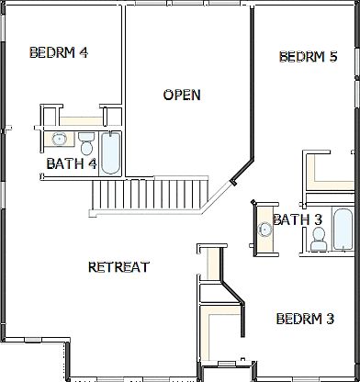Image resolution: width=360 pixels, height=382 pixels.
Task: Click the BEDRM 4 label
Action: tap(59, 52)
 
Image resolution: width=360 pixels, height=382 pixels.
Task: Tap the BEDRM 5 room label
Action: tap(309, 57)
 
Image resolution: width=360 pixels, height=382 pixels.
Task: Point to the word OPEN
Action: tap(182, 95)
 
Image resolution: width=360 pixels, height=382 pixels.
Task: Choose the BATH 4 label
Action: tap(72, 164)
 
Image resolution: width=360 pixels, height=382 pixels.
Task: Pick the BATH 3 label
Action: tap(298, 219)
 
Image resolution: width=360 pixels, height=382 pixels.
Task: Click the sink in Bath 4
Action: tap(59, 140)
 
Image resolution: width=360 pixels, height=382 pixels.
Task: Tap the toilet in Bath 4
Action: tap(86, 145)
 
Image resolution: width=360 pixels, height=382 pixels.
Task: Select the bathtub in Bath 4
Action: tap(111, 152)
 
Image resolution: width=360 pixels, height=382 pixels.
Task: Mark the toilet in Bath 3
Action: tap(319, 238)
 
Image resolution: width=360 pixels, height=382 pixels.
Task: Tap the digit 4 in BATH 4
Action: tap(92, 164)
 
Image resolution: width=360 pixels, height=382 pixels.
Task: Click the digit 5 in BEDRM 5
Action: tap(333, 57)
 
